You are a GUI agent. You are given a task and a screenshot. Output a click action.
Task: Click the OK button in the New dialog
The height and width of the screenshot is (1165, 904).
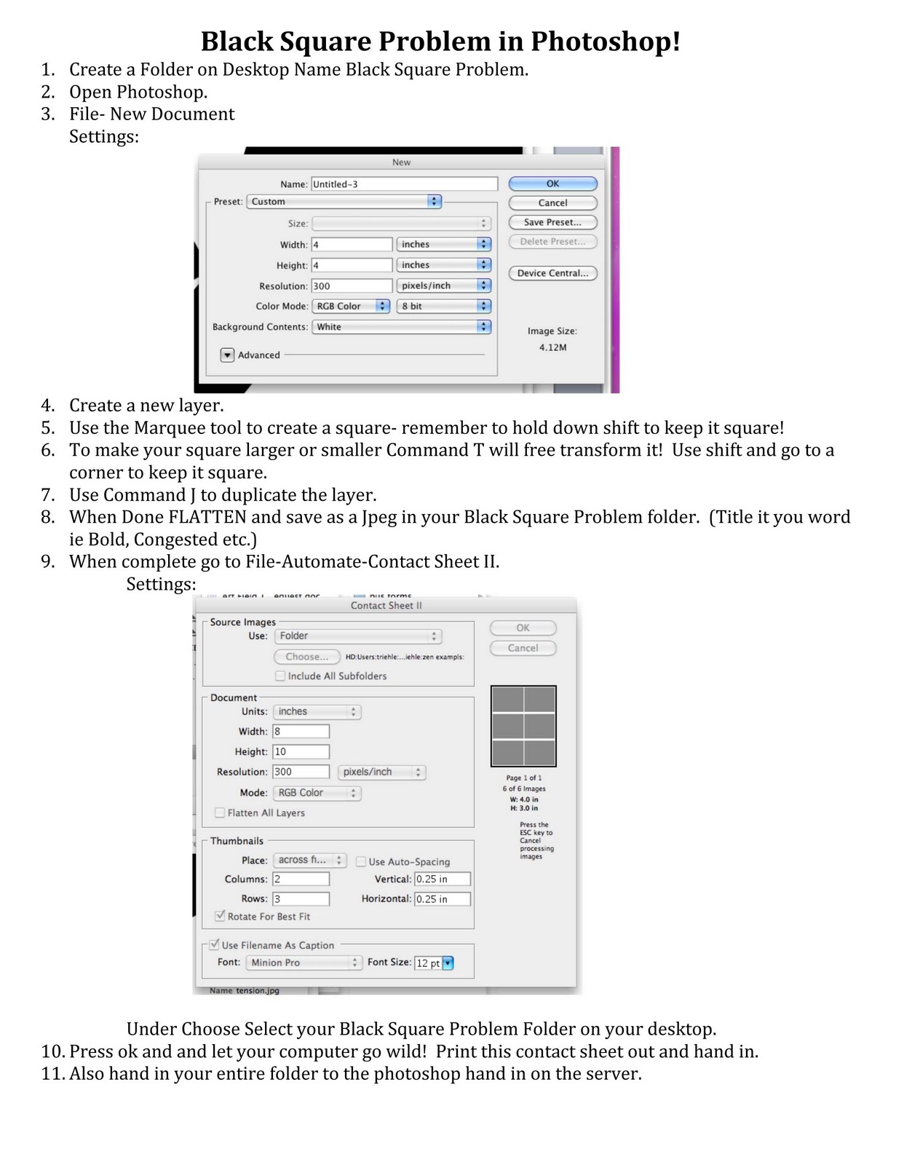552,183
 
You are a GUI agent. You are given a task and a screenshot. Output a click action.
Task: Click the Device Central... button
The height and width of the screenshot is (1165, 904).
552,273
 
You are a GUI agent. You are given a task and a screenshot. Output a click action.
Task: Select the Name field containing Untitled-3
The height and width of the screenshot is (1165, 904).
404,184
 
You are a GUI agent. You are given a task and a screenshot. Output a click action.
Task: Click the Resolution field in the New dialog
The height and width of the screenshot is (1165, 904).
352,286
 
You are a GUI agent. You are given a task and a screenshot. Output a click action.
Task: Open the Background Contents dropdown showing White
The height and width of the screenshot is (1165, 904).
402,327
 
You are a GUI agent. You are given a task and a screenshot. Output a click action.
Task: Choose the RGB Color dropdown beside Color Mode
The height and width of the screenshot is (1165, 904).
351,307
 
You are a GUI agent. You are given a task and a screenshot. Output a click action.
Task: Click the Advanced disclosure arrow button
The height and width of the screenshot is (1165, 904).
228,355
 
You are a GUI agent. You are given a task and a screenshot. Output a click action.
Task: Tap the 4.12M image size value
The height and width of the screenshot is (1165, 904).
552,347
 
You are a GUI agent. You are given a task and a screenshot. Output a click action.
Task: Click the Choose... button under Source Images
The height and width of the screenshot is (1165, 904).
306,656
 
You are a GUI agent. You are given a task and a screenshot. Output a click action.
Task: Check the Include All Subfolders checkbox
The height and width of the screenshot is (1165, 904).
280,676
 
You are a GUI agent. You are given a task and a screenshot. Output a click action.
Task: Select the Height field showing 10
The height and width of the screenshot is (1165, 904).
301,751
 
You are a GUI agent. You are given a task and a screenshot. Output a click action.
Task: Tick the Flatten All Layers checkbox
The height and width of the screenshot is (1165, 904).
220,813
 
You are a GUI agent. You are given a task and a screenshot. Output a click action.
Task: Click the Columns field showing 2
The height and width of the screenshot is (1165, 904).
301,879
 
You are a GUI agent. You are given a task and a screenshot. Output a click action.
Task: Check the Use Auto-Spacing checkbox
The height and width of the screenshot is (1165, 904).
361,861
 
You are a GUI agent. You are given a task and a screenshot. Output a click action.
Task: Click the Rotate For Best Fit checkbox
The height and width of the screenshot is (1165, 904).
220,916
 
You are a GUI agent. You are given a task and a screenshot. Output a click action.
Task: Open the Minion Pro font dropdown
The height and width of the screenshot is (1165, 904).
304,963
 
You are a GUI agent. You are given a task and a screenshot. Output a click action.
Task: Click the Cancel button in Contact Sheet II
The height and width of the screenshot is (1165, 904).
523,647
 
